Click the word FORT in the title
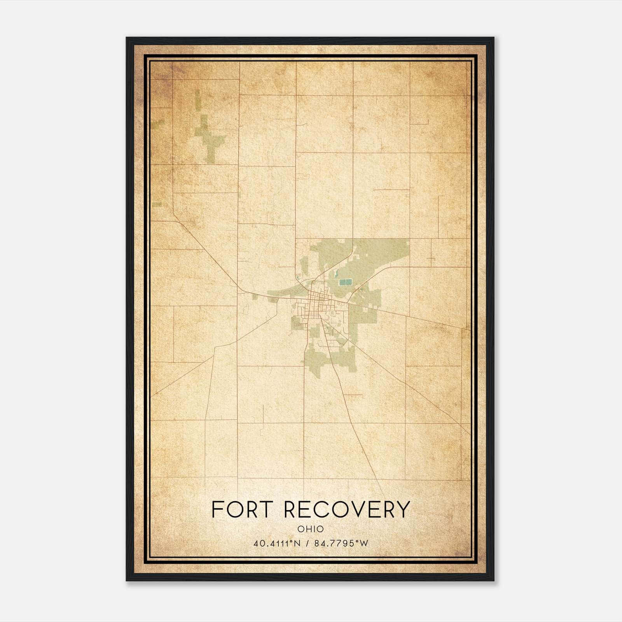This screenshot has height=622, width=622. coord(241,509)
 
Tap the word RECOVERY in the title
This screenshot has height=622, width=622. coord(347,509)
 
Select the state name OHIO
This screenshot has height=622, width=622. coord(311,529)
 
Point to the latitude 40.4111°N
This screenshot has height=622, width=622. coord(276,543)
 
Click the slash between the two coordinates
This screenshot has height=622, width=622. coord(308,543)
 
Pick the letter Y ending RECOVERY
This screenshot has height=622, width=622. coord(403,509)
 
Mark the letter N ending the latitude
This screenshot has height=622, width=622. coord(297,543)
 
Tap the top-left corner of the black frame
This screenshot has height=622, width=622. coord(127,38)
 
